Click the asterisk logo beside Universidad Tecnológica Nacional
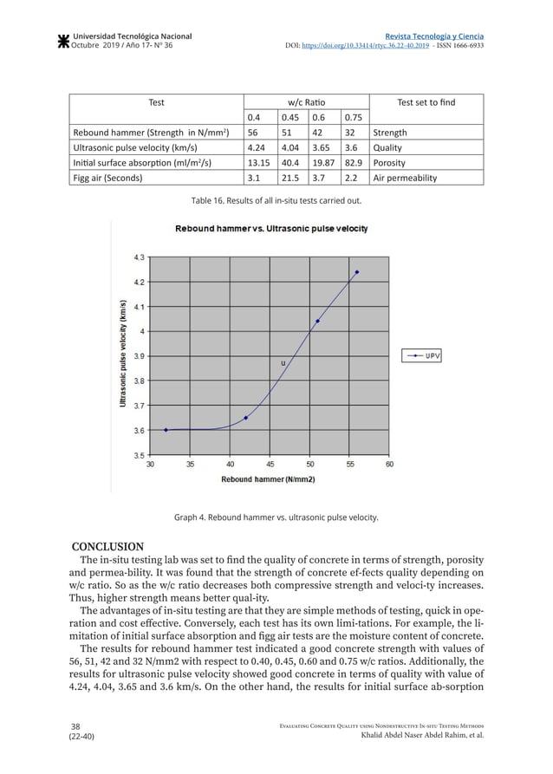(62, 41)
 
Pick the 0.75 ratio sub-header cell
(353, 118)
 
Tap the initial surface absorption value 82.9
(353, 163)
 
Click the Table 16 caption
(276, 202)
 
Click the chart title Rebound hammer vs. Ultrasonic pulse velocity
(271, 229)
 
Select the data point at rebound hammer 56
(357, 272)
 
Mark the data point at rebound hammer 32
(166, 430)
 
